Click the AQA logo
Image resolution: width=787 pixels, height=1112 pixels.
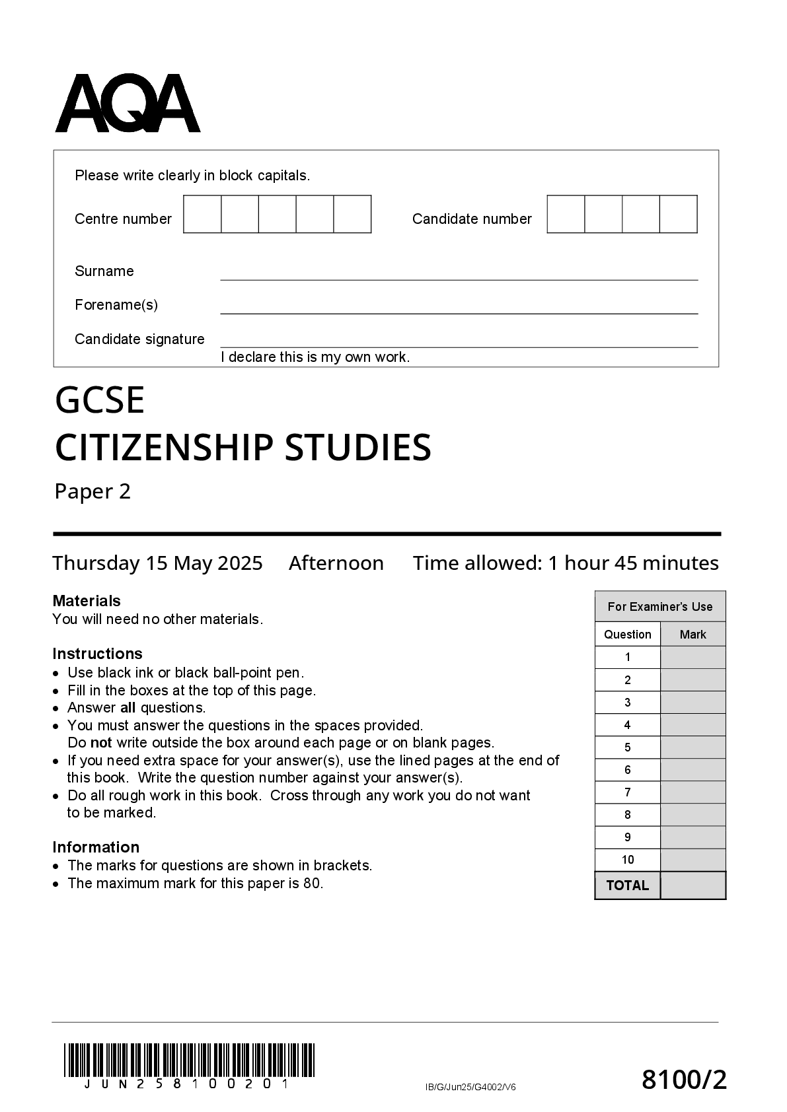coord(128,104)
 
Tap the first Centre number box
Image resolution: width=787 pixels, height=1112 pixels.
coord(202,214)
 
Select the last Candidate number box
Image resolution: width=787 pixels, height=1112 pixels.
coord(679,214)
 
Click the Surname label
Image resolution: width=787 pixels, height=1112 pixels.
coord(104,271)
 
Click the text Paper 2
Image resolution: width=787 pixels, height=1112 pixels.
coord(93,492)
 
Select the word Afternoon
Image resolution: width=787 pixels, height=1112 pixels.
coord(336,563)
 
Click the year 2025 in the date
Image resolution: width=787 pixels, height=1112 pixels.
coord(240,563)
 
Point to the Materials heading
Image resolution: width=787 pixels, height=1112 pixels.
coord(87,601)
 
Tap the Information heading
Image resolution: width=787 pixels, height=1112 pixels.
coord(96,847)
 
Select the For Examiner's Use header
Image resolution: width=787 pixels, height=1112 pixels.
coord(660,607)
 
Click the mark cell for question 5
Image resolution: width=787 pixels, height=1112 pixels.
coord(693,747)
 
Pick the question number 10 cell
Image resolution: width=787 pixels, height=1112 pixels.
coord(628,860)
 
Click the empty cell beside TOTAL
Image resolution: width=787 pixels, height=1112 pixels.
coord(693,886)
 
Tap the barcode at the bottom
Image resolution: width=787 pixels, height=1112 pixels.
coord(189,1060)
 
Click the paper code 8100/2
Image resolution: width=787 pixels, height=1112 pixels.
coord(684,1081)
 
